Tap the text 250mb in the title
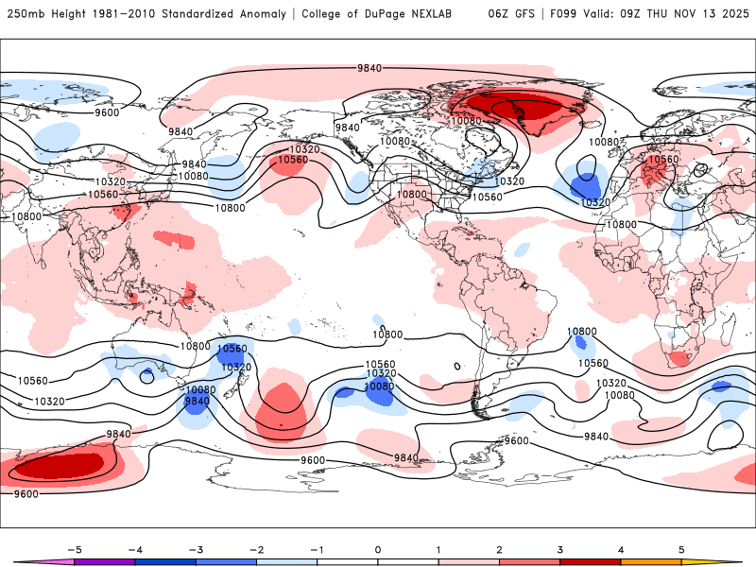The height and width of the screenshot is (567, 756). pos(24,14)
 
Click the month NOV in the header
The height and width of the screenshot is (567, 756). pos(679,14)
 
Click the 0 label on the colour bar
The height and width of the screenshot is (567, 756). pos(378,549)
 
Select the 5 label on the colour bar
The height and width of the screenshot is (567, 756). pos(681,549)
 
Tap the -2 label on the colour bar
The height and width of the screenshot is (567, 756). pos(256,549)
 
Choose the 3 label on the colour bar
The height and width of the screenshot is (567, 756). pos(560,549)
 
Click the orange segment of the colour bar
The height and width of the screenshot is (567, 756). pos(651,562)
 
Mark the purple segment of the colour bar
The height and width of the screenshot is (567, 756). pos(105,562)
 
